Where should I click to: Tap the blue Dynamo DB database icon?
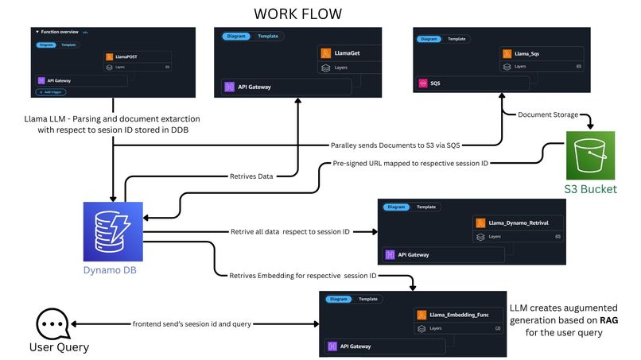point(113,231)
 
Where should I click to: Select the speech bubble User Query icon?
point(53,324)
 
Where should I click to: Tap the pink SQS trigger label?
point(434,83)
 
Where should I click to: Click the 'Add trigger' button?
point(52,92)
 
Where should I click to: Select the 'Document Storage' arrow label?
point(548,115)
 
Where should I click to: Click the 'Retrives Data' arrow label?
point(252,176)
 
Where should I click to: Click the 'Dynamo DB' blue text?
point(113,269)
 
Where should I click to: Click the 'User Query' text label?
point(60,347)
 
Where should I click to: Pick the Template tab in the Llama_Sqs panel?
point(456,38)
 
